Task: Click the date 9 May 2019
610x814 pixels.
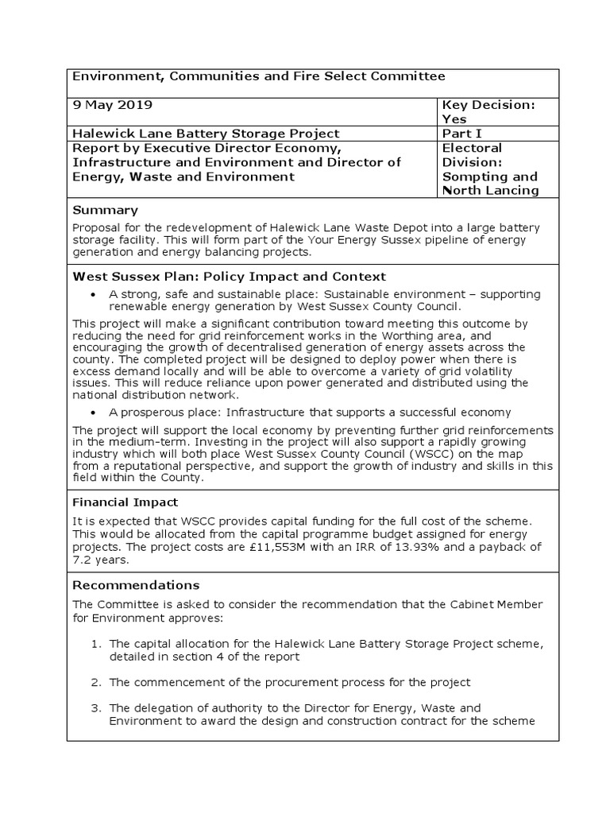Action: pos(113,105)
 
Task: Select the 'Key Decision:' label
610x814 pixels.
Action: pos(488,105)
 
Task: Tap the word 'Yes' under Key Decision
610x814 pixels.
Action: pos(454,119)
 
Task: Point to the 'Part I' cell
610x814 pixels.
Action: pos(460,134)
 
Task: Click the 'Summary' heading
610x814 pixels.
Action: pos(105,211)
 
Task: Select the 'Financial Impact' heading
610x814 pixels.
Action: pos(125,502)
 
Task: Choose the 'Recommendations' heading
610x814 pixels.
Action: pos(137,585)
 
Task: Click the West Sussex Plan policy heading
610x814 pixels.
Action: pos(229,277)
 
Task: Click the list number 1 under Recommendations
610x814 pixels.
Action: pos(95,644)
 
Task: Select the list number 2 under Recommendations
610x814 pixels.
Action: pos(95,682)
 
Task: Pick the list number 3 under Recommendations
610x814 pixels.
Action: pos(95,707)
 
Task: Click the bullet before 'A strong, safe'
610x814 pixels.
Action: pos(95,295)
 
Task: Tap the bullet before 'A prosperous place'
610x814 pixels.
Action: pos(95,413)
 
